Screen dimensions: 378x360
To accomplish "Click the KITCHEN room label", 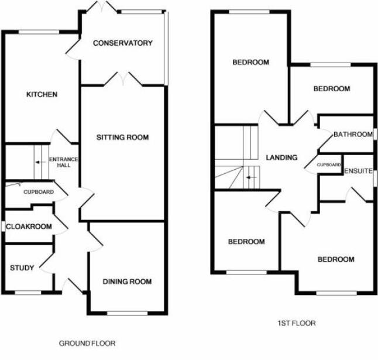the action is point(42,94).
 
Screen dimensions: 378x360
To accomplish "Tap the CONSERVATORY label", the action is point(123,43).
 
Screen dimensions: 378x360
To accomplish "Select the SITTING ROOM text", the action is point(122,138).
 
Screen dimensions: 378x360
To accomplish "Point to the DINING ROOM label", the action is point(128,282).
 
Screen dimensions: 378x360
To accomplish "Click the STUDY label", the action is point(22,268).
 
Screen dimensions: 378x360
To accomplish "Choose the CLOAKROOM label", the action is point(29,227).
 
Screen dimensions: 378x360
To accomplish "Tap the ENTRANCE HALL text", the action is point(64,162).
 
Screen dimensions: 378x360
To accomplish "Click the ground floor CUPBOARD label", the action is point(39,192).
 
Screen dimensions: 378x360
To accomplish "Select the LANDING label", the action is point(281,157).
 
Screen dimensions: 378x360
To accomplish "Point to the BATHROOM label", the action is point(353,134).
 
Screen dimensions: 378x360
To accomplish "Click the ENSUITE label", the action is point(359,171).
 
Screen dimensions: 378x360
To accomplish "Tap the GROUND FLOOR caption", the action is point(87,343).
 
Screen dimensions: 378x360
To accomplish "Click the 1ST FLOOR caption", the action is point(297,323).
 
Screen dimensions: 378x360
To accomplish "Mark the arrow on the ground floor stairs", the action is point(41,162).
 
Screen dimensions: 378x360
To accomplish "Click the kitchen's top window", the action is point(39,32).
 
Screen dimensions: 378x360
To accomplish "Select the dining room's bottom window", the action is point(128,313).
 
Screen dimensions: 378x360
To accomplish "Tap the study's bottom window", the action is point(28,293).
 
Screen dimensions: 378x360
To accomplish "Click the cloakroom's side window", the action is point(3,227).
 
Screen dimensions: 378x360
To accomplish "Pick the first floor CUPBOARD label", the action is point(329,165).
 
